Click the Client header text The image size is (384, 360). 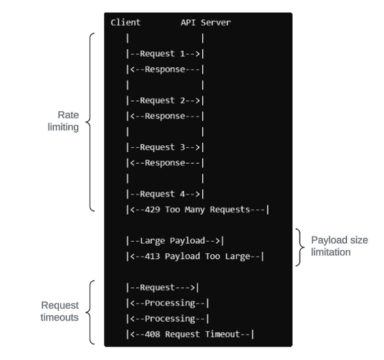125,23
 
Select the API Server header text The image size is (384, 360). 205,23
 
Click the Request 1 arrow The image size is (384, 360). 165,54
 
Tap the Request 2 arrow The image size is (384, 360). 165,101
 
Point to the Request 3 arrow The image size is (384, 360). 165,148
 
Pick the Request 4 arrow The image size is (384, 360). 165,194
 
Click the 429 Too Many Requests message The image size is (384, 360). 198,210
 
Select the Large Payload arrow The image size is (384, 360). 175,241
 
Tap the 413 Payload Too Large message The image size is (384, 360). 195,256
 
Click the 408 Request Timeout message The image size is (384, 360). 190,334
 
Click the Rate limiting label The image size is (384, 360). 67,121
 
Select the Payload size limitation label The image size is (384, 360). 340,246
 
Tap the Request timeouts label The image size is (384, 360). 60,311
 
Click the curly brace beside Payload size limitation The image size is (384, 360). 301,247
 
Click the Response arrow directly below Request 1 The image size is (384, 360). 165,70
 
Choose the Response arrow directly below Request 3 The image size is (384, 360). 165,163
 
